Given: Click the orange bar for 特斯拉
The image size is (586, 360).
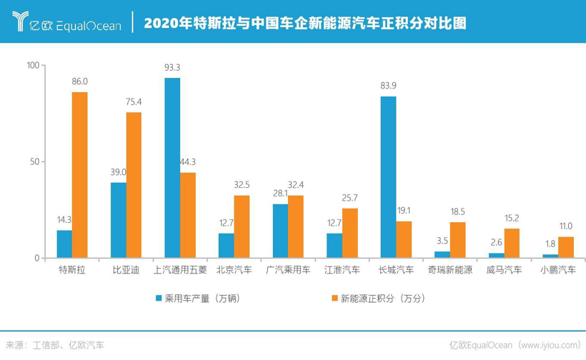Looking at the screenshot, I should [x=79, y=175].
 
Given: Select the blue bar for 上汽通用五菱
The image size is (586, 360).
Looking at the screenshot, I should [x=172, y=168].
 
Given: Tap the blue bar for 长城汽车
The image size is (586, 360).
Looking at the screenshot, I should [x=388, y=177].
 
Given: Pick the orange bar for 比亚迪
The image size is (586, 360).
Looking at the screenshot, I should [x=134, y=185].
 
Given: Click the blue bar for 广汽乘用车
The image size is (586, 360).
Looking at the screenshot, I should [x=280, y=231].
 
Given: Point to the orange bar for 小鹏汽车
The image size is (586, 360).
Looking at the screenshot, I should [x=565, y=247].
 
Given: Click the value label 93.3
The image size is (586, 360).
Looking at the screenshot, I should [x=172, y=68].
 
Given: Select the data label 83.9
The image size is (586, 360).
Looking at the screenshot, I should [x=388, y=86].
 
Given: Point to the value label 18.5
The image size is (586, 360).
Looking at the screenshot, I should [x=457, y=212].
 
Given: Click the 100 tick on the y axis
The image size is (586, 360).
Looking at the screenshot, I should [x=33, y=65].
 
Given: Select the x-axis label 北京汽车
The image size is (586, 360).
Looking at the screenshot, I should [x=233, y=271].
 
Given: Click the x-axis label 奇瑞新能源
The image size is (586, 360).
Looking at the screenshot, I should [x=450, y=271].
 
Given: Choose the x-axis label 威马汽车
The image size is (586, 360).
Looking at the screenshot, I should [x=503, y=271].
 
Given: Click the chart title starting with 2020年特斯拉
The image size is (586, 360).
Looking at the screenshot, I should [x=305, y=23].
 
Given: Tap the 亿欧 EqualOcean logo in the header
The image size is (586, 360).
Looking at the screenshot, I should [x=67, y=23].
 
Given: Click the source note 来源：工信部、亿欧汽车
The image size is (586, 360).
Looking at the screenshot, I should [x=55, y=345].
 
